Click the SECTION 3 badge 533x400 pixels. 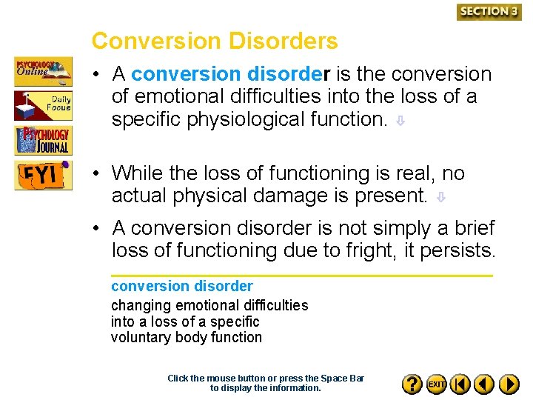coord(489,11)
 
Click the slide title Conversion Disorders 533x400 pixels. coord(215,41)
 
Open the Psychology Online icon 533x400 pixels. coord(44,72)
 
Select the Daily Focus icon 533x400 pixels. coord(44,105)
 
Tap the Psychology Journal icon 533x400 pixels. coord(44,140)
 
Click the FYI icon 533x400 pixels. coord(44,176)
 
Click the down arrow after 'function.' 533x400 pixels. coord(399,121)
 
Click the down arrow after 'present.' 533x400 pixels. coord(440,198)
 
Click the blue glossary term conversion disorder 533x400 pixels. coord(182,286)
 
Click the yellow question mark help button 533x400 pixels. coord(412,384)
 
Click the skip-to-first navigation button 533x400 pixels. coord(460,384)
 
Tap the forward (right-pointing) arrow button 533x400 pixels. coord(509,384)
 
